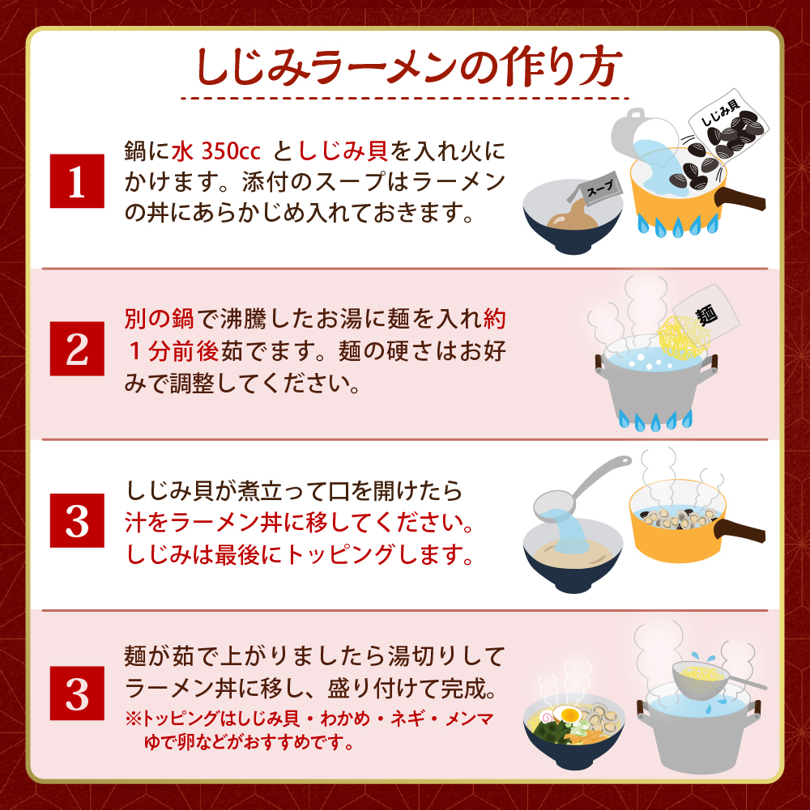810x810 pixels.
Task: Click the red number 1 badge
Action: coord(77,180)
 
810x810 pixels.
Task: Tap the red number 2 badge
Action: coord(77,349)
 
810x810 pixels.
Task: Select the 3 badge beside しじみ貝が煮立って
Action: coord(77,521)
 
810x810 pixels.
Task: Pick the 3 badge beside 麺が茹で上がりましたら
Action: coord(77,693)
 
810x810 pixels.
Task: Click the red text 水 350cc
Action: coord(216,151)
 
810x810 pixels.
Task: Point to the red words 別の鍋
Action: coord(159,319)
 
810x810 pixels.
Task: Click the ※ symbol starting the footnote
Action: coord(132,719)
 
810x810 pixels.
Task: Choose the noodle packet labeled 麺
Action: coord(706,312)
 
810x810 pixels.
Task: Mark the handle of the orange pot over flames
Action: coord(740,199)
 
